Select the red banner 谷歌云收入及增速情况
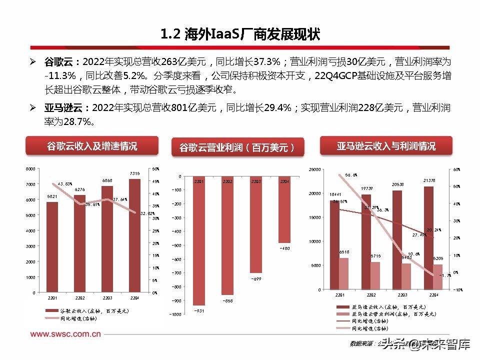pyautogui.click(x=92, y=146)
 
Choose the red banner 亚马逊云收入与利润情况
pyautogui.click(x=385, y=146)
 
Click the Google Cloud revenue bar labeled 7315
pyautogui.click(x=134, y=235)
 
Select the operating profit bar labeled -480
pyautogui.click(x=284, y=210)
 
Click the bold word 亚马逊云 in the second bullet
pyautogui.click(x=66, y=107)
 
